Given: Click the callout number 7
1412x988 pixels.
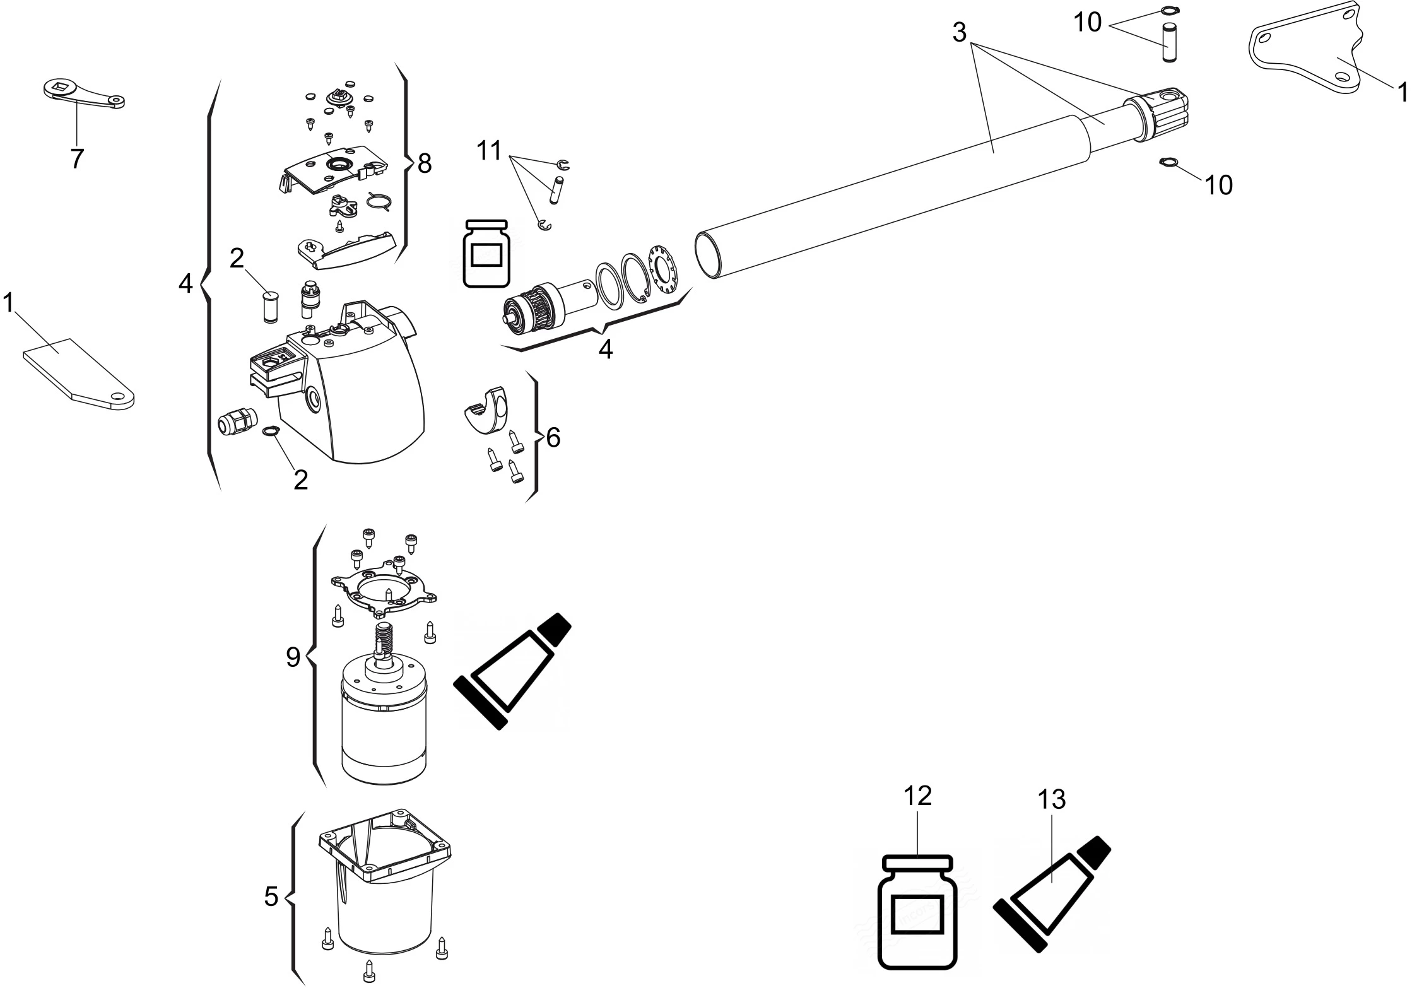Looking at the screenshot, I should [x=76, y=159].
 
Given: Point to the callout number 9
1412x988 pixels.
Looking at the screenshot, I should [x=293, y=658].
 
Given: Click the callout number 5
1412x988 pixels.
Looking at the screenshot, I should [x=271, y=897].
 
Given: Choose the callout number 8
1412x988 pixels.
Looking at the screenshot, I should [x=424, y=163].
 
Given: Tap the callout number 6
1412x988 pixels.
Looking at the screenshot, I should [x=553, y=438].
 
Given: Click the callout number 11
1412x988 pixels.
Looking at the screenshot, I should [x=489, y=151].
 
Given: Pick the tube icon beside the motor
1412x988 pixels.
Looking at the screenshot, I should [x=512, y=671].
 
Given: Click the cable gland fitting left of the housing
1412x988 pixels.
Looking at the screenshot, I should [x=236, y=420].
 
